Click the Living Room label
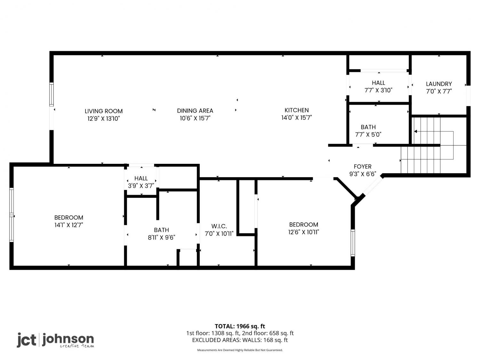(104, 111)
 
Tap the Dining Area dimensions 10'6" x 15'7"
(195, 118)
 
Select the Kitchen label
(297, 110)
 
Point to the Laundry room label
(439, 84)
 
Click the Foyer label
(363, 166)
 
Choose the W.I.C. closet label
(219, 226)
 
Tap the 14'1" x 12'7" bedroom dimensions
(69, 225)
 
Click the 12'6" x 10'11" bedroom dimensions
(304, 232)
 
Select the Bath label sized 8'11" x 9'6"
(161, 230)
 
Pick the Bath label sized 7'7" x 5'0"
(368, 127)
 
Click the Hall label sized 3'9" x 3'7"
(141, 178)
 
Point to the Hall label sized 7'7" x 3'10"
(378, 83)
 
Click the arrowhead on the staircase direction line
(416, 132)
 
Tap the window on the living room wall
(52, 94)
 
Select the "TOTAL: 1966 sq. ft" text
(240, 326)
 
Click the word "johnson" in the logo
(68, 340)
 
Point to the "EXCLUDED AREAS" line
(240, 340)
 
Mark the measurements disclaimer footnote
(240, 350)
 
